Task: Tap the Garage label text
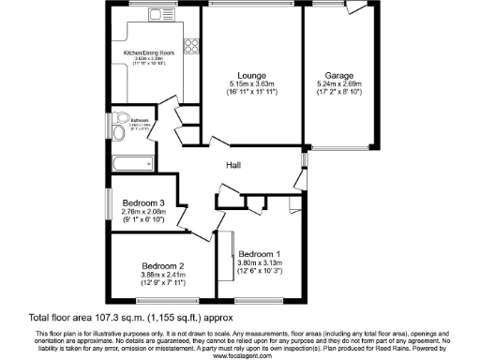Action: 338,75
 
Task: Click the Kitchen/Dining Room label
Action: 149,53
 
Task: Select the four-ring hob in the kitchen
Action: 192,44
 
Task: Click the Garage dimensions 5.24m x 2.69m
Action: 338,84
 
